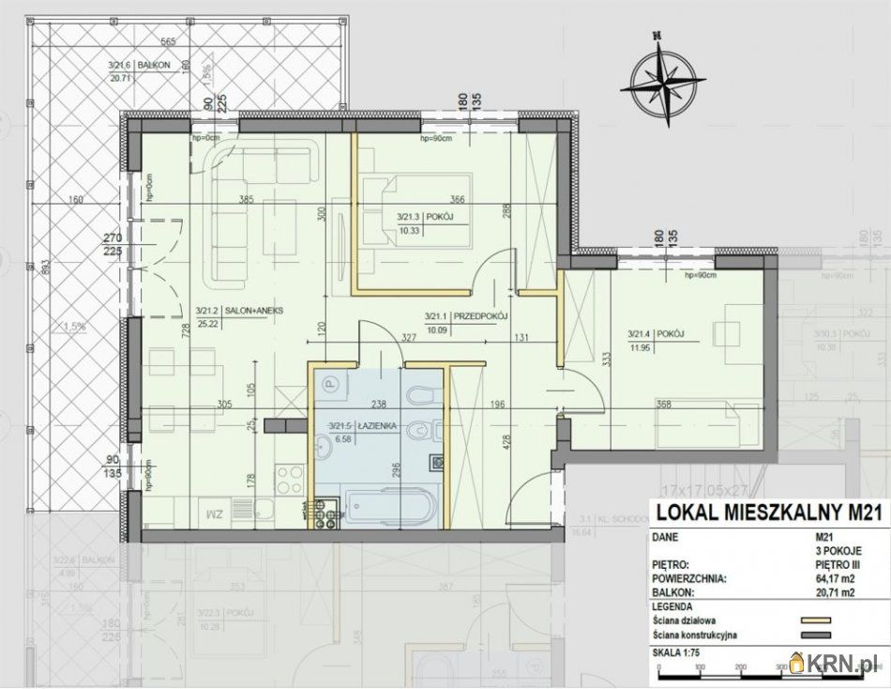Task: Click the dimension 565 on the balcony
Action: (169, 41)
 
